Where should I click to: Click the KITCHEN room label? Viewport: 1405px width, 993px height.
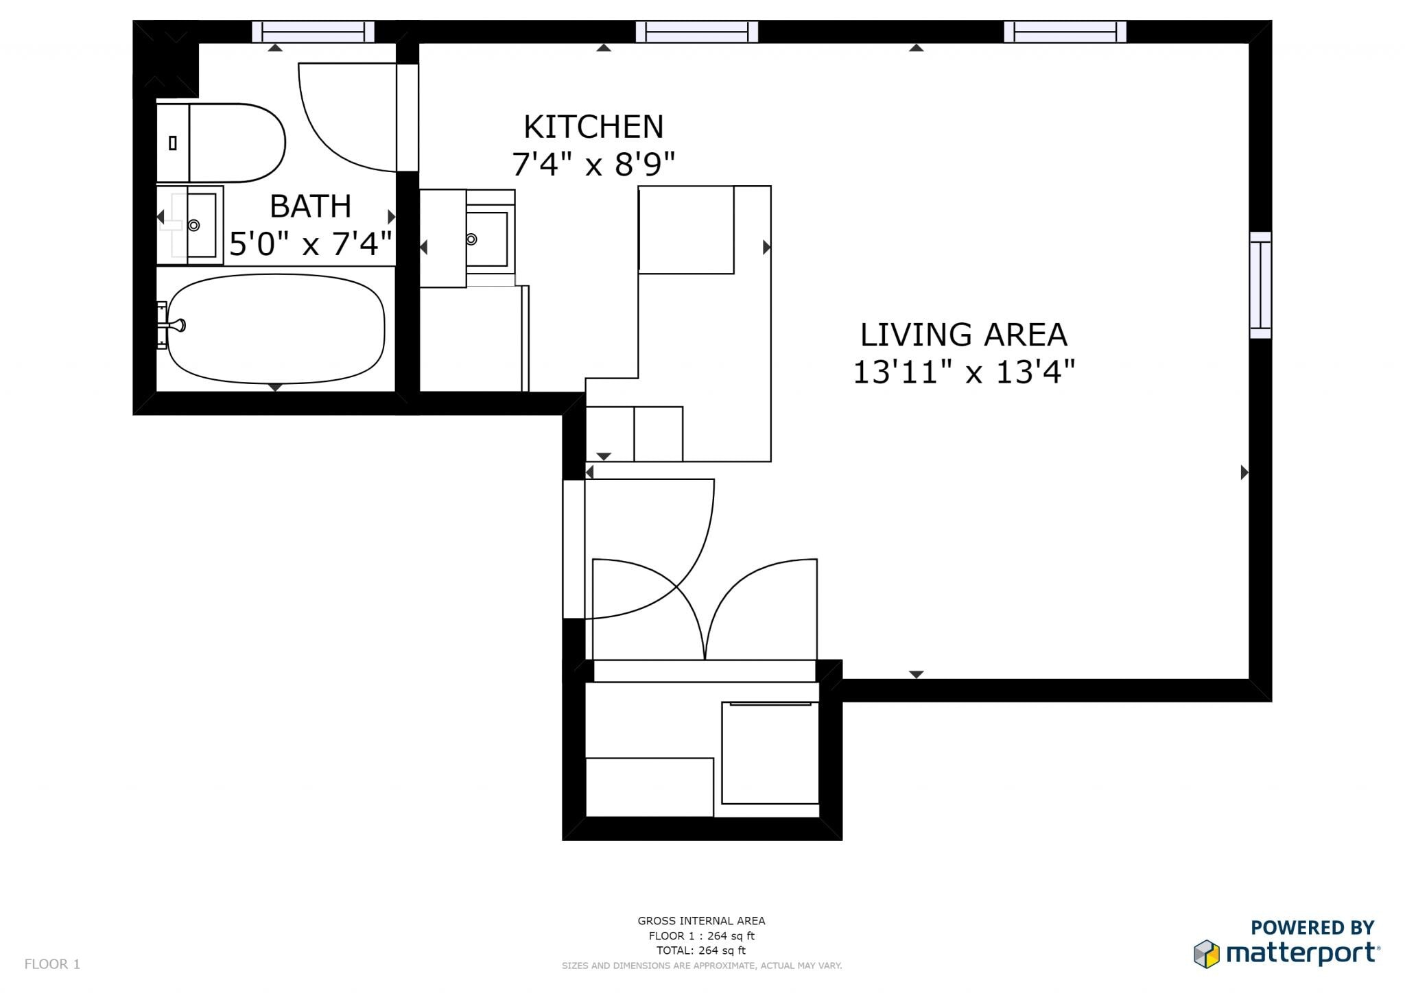(593, 128)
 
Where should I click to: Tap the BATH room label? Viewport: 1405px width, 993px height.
(310, 206)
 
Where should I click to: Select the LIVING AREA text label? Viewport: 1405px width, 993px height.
(963, 335)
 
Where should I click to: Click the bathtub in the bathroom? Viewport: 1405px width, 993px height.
(276, 328)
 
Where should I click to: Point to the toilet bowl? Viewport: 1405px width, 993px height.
(237, 143)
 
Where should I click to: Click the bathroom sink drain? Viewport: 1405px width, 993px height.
(194, 225)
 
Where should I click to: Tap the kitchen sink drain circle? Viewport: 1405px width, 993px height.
(471, 239)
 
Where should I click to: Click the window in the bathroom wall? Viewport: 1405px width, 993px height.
(313, 32)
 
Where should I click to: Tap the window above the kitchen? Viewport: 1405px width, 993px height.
(696, 32)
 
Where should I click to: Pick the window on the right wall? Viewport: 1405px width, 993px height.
(1260, 285)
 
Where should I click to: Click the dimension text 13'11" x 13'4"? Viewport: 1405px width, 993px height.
(963, 372)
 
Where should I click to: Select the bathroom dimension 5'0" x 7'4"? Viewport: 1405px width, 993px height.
(310, 244)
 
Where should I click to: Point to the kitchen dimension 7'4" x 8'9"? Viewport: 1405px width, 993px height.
(593, 165)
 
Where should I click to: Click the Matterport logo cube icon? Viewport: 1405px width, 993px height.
(1206, 954)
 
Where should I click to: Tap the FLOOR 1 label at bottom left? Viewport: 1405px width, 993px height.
(52, 964)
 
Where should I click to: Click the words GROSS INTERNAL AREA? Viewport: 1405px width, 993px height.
(701, 921)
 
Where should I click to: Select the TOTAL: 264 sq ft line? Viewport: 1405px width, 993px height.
(701, 950)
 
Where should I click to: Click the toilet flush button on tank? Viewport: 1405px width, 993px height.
(173, 143)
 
